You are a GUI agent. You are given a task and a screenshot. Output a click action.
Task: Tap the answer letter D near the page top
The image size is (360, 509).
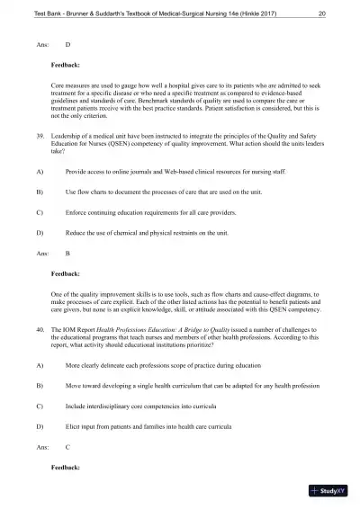(x=68, y=43)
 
